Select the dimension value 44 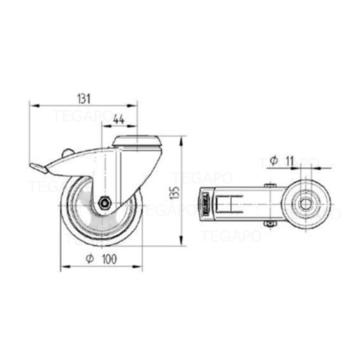pos(118,119)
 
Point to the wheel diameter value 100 pos(109,259)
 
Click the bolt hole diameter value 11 pos(288,161)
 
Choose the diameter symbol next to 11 pos(274,161)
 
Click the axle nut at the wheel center pos(105,203)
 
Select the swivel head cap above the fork pos(137,142)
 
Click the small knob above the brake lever pos(67,152)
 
